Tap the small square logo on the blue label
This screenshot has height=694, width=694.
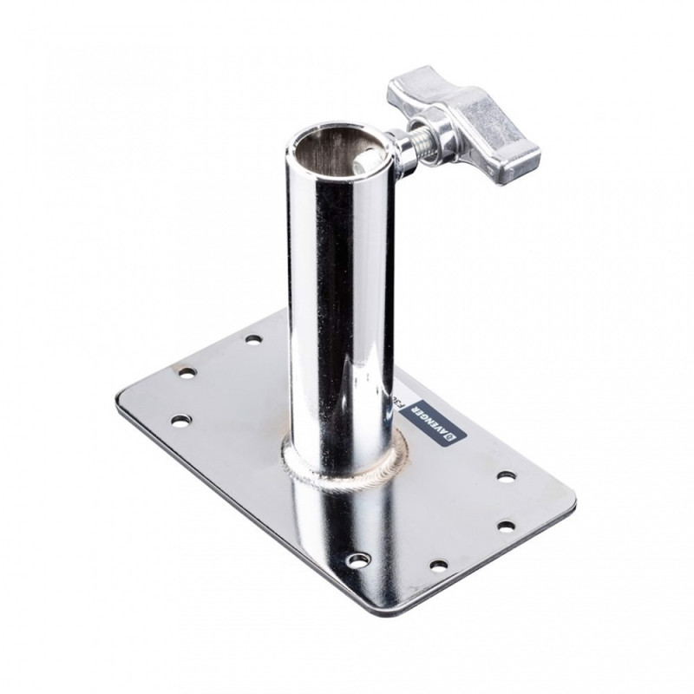coord(449,439)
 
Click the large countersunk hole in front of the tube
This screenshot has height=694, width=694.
coord(357,560)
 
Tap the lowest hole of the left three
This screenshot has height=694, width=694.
coord(180,420)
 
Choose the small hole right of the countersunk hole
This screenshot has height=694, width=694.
coord(439,565)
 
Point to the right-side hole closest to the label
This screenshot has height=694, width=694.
coord(506,475)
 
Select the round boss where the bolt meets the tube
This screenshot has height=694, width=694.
coord(400,149)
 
